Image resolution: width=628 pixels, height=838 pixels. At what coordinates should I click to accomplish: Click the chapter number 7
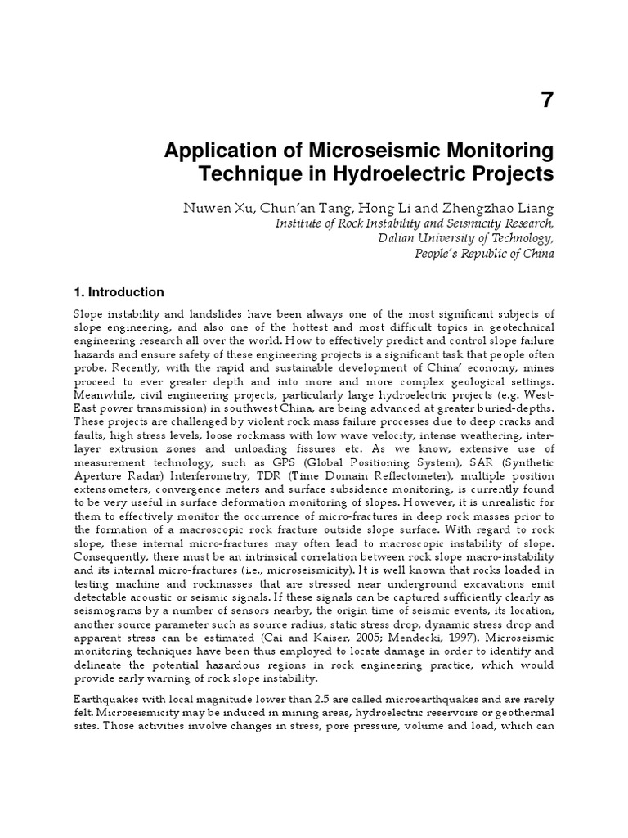[x=547, y=100]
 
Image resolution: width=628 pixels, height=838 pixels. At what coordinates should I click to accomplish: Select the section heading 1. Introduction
[x=119, y=292]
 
